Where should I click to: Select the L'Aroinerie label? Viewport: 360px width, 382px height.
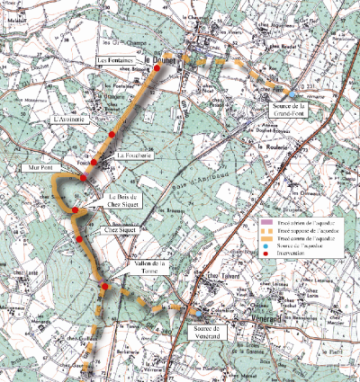(68, 119)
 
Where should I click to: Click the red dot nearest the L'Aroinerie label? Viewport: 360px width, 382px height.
(112, 134)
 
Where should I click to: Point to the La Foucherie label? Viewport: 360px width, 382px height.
(132, 155)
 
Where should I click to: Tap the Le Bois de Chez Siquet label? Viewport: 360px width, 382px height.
(125, 200)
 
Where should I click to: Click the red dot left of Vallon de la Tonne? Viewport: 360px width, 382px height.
(104, 287)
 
